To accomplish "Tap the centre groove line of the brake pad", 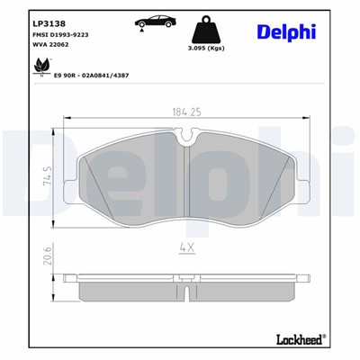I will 184,180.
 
